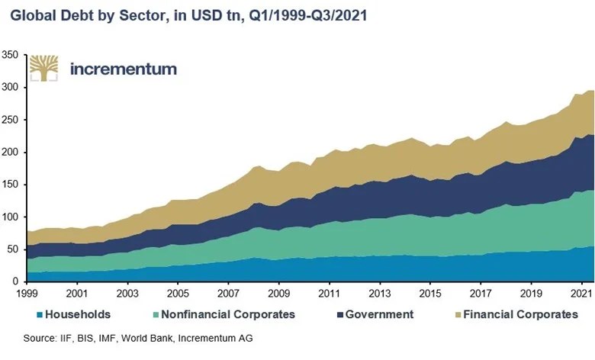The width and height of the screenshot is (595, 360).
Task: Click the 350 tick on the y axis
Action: tap(11, 55)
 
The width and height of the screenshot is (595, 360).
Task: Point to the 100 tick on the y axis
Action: tap(11, 217)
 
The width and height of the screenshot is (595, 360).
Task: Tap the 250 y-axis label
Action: tap(11, 120)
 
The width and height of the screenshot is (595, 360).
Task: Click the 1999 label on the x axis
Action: tap(27, 293)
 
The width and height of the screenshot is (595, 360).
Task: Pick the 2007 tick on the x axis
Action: tap(228, 293)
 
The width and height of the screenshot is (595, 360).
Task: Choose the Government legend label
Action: tap(379, 314)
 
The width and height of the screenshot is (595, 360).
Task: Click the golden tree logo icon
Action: tap(44, 68)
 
